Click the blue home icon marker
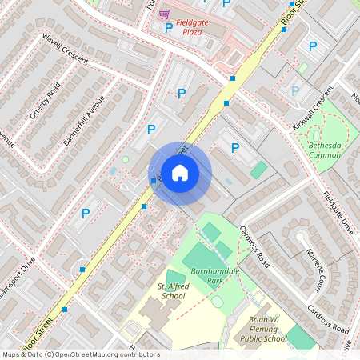click(x=180, y=173)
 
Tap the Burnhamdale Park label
click(x=209, y=277)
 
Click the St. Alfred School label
click(x=171, y=290)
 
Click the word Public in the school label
click(x=251, y=338)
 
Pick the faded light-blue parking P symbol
click(x=295, y=92)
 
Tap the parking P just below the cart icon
click(x=168, y=29)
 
